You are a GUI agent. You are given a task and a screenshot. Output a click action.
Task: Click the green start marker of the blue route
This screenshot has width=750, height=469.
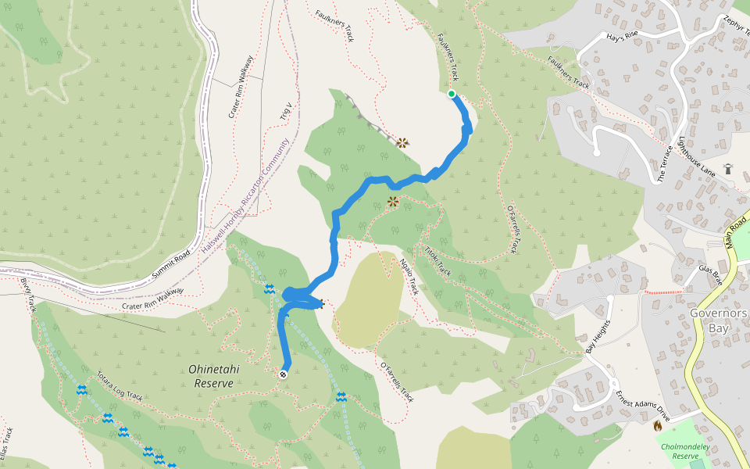(x=452, y=94)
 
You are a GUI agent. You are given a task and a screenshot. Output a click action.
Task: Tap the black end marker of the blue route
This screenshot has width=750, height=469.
(x=283, y=374)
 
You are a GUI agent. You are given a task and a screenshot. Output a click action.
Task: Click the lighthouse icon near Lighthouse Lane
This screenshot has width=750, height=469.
(x=728, y=168)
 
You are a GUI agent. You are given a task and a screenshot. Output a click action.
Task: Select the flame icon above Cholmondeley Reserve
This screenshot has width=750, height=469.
(x=658, y=426)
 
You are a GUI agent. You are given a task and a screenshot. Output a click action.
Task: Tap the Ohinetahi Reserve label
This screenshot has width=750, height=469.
(x=211, y=376)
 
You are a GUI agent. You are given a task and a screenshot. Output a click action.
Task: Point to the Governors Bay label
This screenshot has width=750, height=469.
(x=718, y=320)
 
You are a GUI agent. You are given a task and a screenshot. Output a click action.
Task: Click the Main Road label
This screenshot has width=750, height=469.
(x=737, y=235)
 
